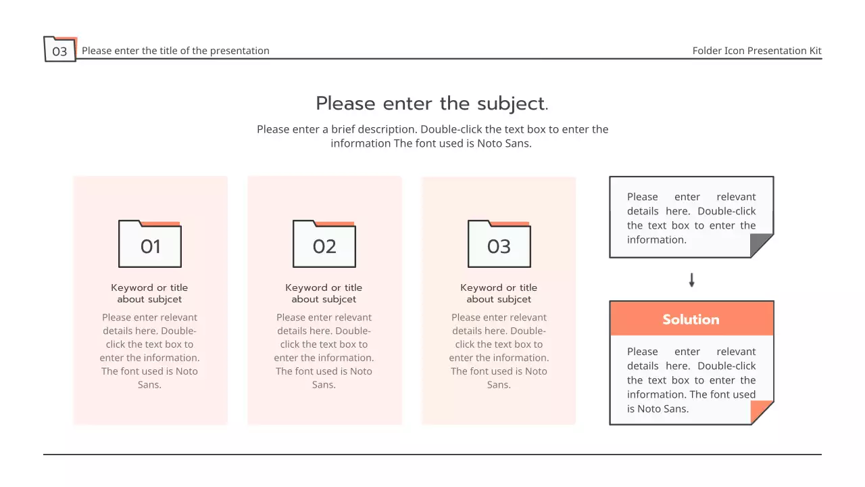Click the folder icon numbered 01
click(150, 244)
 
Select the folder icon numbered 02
click(324, 244)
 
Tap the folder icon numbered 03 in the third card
click(499, 244)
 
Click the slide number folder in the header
click(60, 49)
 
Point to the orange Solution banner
click(691, 319)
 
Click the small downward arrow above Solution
click(691, 280)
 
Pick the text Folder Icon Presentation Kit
click(757, 51)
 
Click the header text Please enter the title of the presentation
click(176, 51)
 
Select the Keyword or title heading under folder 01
click(149, 294)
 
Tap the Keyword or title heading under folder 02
click(324, 294)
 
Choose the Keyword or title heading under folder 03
click(499, 294)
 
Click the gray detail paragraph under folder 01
click(149, 350)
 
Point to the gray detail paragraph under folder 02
click(324, 350)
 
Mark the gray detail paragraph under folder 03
click(499, 350)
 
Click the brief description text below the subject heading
click(432, 136)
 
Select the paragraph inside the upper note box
click(691, 218)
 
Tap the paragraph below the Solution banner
click(691, 379)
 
